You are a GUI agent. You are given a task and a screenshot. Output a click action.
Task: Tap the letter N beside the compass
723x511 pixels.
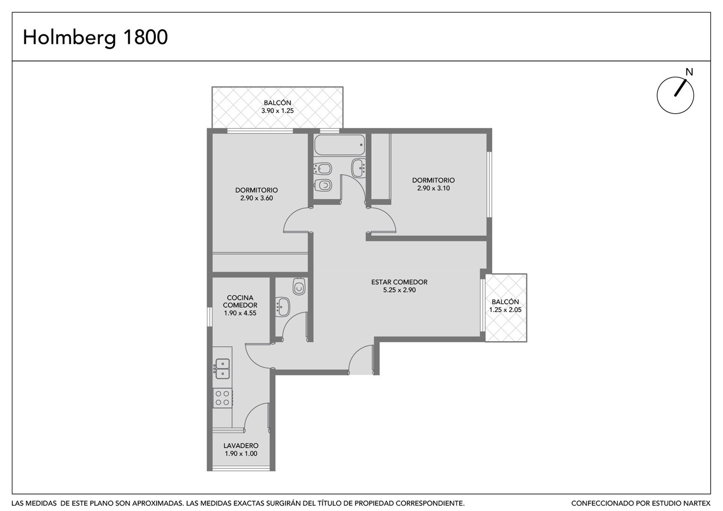(689, 72)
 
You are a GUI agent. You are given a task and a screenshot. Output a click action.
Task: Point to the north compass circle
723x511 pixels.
(675, 95)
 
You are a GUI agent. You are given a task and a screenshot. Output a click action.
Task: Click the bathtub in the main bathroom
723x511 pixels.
(339, 145)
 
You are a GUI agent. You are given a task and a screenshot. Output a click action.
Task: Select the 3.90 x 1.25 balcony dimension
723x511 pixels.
(277, 111)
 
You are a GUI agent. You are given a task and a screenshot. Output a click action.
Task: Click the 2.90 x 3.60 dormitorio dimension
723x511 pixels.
(257, 198)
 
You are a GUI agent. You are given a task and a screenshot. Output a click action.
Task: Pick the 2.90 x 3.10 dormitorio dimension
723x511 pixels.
(434, 188)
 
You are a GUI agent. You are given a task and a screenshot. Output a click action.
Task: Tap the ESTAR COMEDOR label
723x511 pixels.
(399, 282)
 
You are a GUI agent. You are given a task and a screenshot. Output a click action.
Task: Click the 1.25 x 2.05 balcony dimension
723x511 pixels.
(506, 310)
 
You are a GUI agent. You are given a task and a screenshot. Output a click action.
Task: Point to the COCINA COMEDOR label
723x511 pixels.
(240, 301)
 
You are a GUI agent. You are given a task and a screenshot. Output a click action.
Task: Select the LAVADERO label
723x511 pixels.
(241, 446)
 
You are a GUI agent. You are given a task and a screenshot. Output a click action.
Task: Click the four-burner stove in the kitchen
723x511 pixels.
(223, 398)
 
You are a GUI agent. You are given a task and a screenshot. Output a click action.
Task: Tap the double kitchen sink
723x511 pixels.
(222, 369)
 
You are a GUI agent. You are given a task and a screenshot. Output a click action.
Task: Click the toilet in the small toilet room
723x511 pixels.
(299, 286)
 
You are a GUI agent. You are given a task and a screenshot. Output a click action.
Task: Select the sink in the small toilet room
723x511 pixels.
(283, 307)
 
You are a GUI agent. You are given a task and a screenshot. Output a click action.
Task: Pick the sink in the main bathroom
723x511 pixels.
(358, 168)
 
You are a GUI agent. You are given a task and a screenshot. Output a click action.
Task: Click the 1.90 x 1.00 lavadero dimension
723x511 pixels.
(241, 454)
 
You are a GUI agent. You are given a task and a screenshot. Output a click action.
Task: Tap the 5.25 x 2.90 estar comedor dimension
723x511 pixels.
(399, 290)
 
